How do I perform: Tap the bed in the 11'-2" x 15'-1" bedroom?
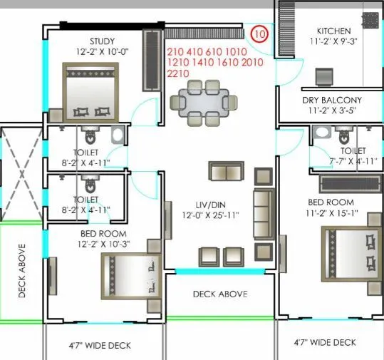[x=348, y=257]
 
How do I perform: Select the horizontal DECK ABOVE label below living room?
[x=220, y=294]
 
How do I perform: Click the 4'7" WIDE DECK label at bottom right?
[x=325, y=343]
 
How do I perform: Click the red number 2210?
[x=178, y=73]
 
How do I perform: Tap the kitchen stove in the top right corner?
[x=370, y=20]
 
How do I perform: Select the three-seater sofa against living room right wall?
[x=263, y=207]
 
